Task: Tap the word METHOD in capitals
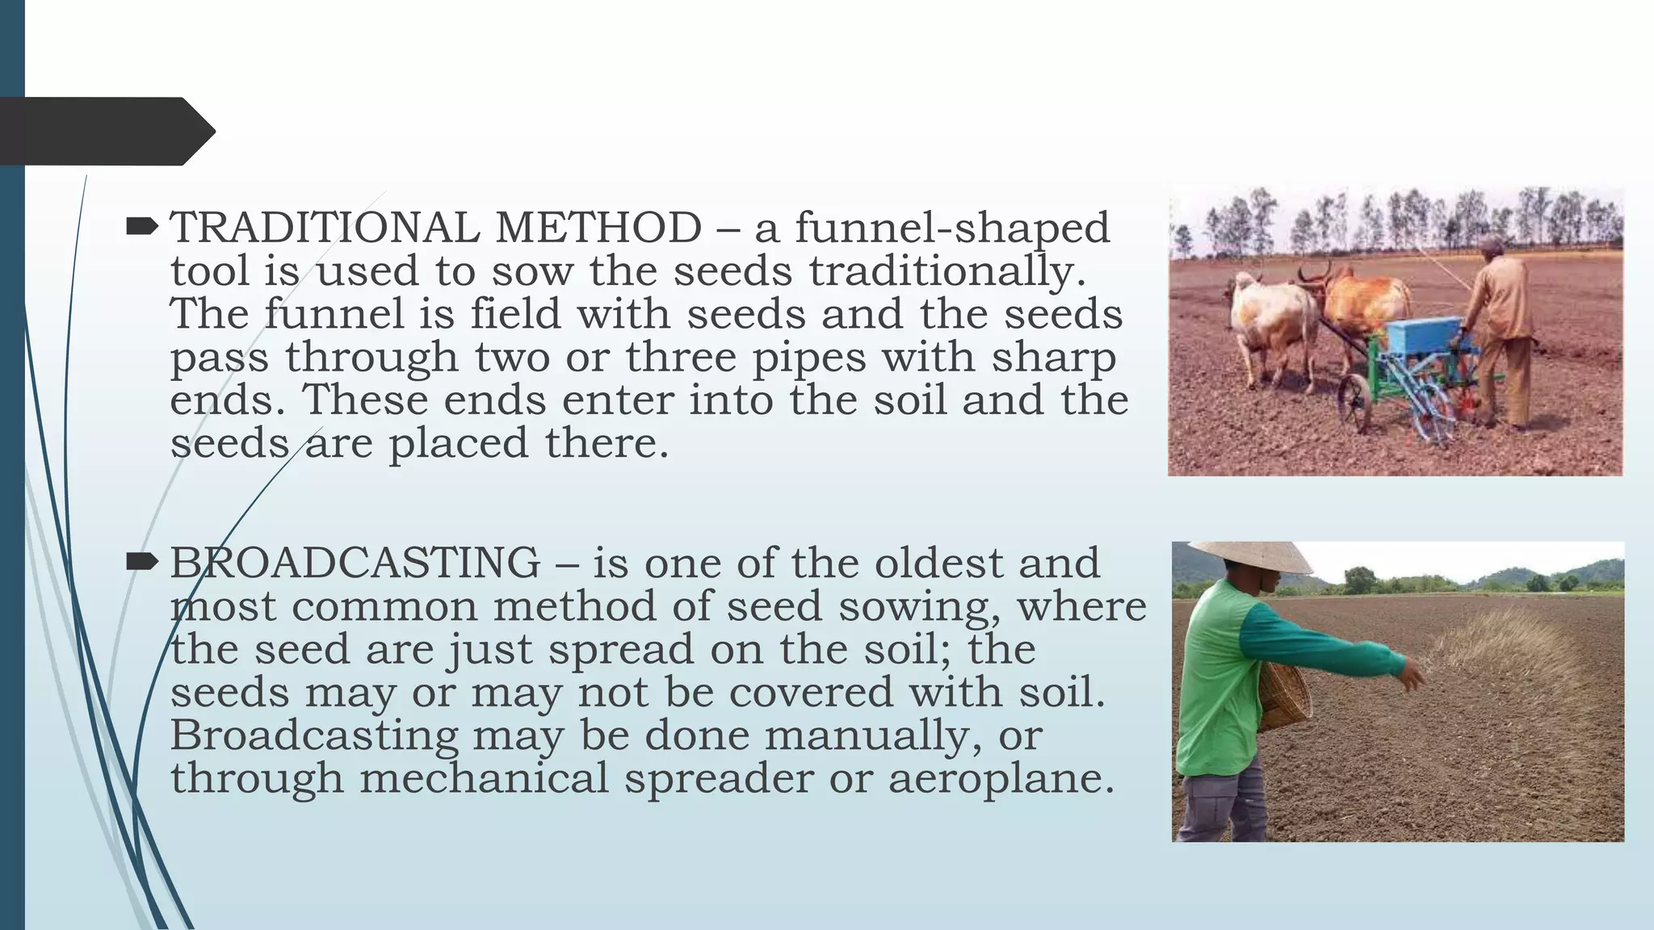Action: tap(598, 228)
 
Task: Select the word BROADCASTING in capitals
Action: tap(355, 563)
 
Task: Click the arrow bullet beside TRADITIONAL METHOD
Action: tap(143, 227)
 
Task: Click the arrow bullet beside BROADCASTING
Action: tap(143, 562)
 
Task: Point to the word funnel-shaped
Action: tap(952, 228)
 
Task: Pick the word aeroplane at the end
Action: tap(1001, 778)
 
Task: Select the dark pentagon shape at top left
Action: tap(105, 131)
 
